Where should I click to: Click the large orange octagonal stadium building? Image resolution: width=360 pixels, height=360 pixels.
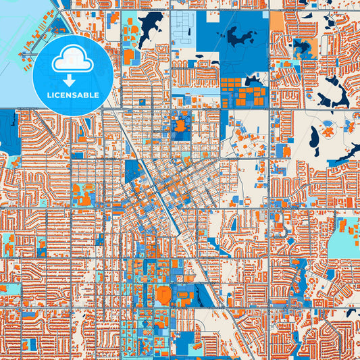(x=163, y=294)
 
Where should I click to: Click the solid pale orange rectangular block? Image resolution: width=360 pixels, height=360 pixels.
(x=277, y=22)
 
